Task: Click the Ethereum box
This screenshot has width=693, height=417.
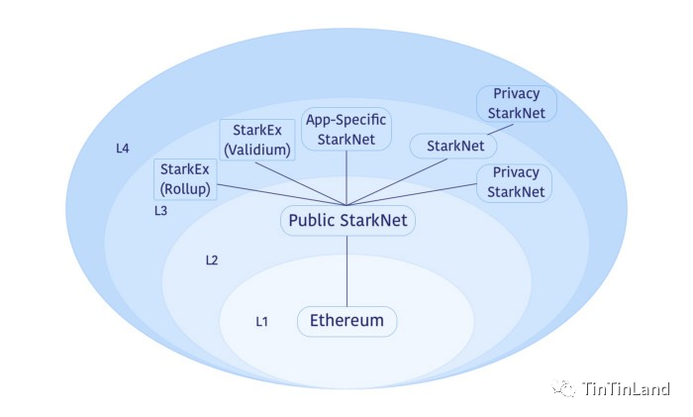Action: click(x=346, y=321)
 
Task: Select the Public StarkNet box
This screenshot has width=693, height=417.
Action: click(x=346, y=220)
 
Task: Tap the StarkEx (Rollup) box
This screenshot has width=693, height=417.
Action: click(x=187, y=178)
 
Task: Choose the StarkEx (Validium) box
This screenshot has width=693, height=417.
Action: click(x=257, y=140)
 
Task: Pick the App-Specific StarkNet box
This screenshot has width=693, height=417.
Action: click(x=346, y=129)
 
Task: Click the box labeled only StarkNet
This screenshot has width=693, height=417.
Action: click(x=454, y=146)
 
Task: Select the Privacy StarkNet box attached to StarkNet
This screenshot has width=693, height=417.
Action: click(x=516, y=103)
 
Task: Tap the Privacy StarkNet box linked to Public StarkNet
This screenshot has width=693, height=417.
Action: click(x=516, y=182)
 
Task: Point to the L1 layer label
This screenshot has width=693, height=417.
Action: click(x=261, y=321)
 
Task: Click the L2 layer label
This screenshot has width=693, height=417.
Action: click(x=212, y=261)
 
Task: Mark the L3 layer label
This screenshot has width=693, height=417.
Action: click(x=160, y=211)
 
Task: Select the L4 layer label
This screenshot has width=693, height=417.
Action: click(x=122, y=149)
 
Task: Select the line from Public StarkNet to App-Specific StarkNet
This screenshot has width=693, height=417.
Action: click(x=346, y=178)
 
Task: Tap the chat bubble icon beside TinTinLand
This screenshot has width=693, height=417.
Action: click(x=565, y=388)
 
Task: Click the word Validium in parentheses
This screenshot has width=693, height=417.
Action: click(x=257, y=151)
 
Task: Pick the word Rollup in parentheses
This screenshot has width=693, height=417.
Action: click(x=187, y=189)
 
